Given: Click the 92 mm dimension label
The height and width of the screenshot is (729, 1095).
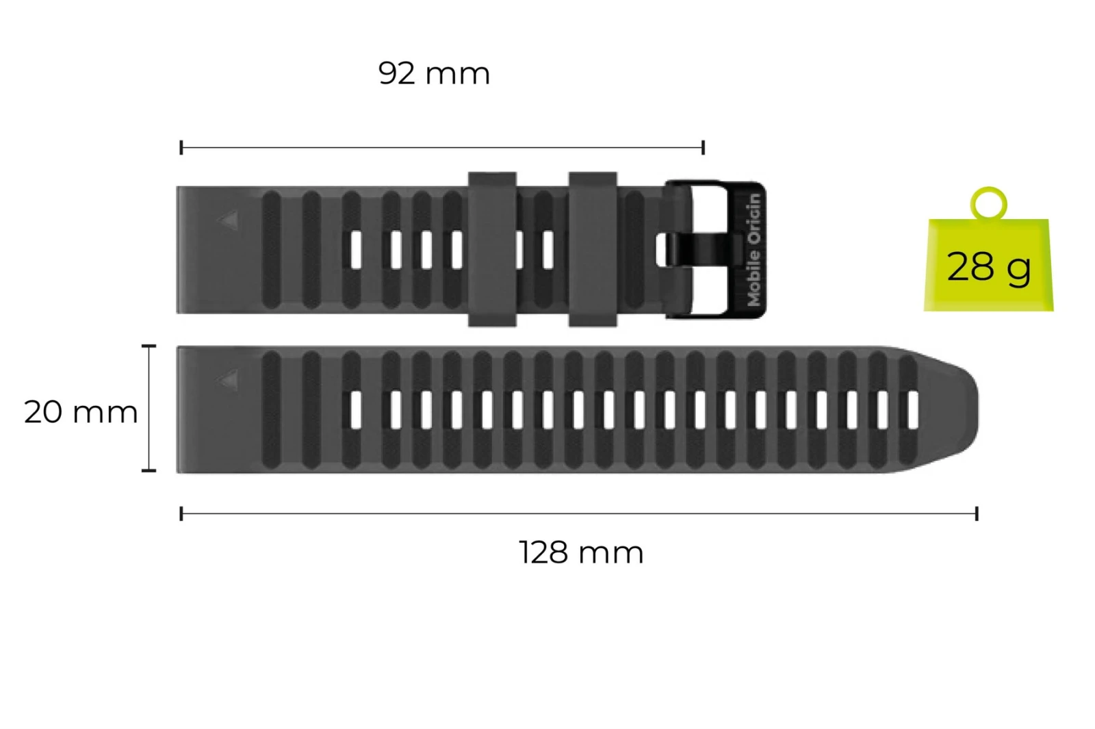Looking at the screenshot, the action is pyautogui.click(x=434, y=74).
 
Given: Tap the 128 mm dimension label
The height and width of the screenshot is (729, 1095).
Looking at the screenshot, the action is pyautogui.click(x=581, y=553).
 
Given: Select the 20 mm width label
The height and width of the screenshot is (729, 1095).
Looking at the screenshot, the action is pyautogui.click(x=81, y=411).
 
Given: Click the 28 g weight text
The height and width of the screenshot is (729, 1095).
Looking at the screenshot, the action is pyautogui.click(x=988, y=267).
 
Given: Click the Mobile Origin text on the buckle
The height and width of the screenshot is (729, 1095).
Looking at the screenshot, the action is pyautogui.click(x=754, y=250).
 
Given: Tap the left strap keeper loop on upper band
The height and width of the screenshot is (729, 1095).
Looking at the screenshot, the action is pyautogui.click(x=492, y=249).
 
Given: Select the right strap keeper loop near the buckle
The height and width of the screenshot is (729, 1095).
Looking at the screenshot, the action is pyautogui.click(x=593, y=249).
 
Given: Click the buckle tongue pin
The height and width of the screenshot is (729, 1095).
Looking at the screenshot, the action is pyautogui.click(x=701, y=250).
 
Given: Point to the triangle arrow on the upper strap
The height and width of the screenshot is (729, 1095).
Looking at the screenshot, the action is pyautogui.click(x=230, y=220).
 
